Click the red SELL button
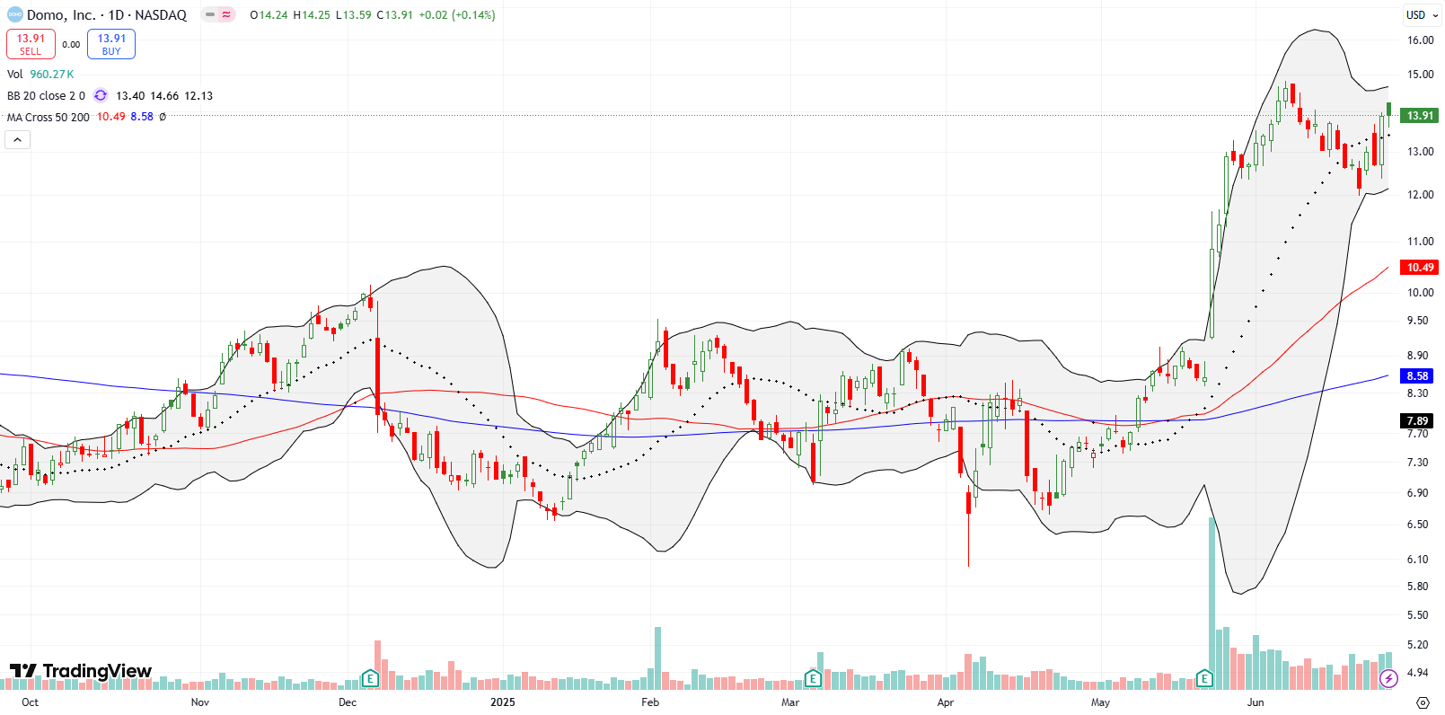(x=31, y=44)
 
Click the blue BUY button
(x=111, y=44)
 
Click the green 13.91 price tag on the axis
(x=1420, y=116)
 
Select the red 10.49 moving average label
(x=1420, y=267)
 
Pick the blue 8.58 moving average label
(x=1418, y=375)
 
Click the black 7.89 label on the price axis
(x=1418, y=420)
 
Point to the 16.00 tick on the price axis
(x=1420, y=40)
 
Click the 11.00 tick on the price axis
(x=1420, y=242)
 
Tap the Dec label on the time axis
(x=348, y=702)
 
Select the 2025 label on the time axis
(x=503, y=702)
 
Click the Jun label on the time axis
(x=1255, y=702)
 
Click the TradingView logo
(x=81, y=671)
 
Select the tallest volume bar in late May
(x=1212, y=602)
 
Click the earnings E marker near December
(x=369, y=678)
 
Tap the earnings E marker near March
(x=812, y=678)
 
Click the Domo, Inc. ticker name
(x=61, y=15)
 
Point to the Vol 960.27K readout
(x=40, y=75)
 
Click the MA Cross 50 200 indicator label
(x=48, y=118)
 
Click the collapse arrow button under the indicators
(x=18, y=139)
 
